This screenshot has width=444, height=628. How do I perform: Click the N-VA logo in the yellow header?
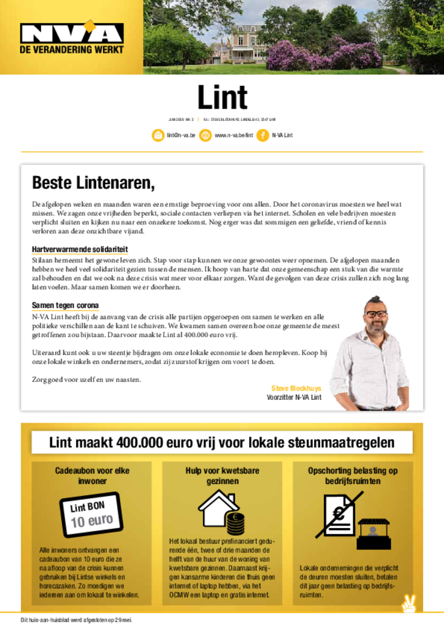point(72,33)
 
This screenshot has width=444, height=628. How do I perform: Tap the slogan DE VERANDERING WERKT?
point(72,50)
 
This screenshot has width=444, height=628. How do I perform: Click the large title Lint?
point(222,98)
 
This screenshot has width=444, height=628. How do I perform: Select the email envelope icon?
point(158,135)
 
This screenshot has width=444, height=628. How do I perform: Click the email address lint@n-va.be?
point(181,135)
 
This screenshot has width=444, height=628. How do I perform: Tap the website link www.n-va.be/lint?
point(234,135)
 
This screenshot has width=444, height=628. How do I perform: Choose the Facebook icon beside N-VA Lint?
point(262,135)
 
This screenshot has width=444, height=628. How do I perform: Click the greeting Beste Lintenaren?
point(93,183)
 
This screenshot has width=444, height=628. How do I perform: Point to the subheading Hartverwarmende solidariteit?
point(80,250)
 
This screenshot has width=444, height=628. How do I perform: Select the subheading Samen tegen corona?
point(65,305)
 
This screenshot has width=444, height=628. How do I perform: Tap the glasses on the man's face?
point(376,314)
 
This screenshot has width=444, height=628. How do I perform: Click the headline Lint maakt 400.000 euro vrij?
point(222,443)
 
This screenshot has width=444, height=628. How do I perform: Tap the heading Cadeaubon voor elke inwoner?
point(92,476)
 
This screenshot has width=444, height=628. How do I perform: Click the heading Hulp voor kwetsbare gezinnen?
point(222,476)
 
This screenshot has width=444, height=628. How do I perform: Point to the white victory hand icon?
point(408,604)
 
